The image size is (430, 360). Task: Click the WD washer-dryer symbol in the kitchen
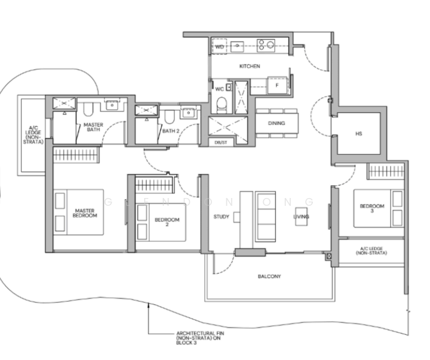click(219, 47)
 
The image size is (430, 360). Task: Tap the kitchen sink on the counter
click(237, 47)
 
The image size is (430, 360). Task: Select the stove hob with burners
click(266, 46)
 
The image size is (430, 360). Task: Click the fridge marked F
click(277, 85)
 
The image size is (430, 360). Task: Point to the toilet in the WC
click(222, 105)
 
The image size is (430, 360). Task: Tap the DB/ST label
click(221, 142)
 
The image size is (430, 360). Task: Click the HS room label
click(359, 134)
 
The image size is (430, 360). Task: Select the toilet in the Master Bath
click(88, 109)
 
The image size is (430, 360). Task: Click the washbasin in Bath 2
click(188, 113)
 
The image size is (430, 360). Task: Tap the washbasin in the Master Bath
click(112, 104)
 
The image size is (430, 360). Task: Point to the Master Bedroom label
click(85, 213)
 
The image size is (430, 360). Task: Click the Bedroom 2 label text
click(167, 222)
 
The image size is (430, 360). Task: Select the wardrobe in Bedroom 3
click(386, 171)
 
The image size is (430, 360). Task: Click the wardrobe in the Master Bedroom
click(76, 155)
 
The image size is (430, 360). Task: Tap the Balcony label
click(269, 277)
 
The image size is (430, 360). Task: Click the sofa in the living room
click(265, 217)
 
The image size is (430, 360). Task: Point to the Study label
click(222, 217)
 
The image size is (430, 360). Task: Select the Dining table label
click(276, 123)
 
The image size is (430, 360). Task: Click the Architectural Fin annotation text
click(200, 338)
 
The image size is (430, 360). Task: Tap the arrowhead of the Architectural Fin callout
click(148, 304)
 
